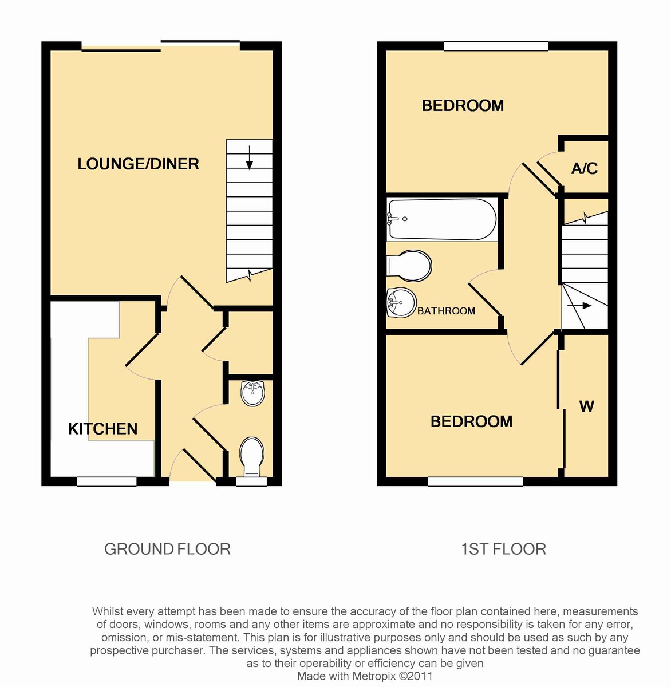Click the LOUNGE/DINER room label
pyautogui.click(x=138, y=164)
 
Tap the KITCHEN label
pyautogui.click(x=102, y=429)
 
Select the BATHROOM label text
pyautogui.click(x=446, y=311)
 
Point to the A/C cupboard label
pyautogui.click(x=584, y=168)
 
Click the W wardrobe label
pyautogui.click(x=586, y=406)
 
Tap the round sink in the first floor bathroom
pyautogui.click(x=401, y=302)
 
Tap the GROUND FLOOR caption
pyautogui.click(x=167, y=550)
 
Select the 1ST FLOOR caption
pyautogui.click(x=503, y=550)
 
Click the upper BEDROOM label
pyautogui.click(x=463, y=105)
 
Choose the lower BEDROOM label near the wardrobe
pyautogui.click(x=471, y=422)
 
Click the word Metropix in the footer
pyautogui.click(x=370, y=676)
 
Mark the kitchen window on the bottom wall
pyautogui.click(x=106, y=481)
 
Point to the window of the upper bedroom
pyautogui.click(x=496, y=46)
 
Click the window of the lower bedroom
pyautogui.click(x=475, y=482)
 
